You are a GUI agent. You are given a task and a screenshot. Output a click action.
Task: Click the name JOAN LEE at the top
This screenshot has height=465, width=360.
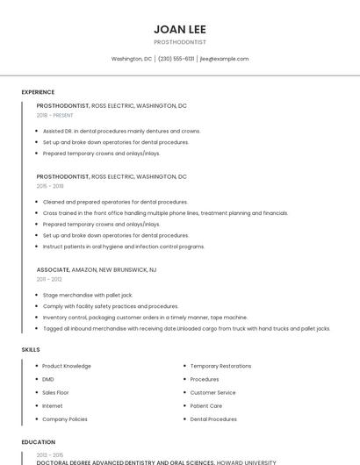(x=179, y=29)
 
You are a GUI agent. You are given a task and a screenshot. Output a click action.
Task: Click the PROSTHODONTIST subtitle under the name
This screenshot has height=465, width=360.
(x=179, y=42)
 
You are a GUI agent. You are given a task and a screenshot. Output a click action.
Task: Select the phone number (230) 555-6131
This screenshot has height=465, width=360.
(x=176, y=59)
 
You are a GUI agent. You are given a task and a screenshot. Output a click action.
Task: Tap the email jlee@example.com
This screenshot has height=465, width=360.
(x=224, y=59)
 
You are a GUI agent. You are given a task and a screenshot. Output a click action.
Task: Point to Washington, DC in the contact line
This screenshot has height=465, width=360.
(x=131, y=59)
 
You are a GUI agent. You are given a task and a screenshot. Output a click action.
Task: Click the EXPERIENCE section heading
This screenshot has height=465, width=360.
(x=38, y=92)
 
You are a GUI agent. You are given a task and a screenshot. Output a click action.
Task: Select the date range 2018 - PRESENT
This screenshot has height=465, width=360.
(x=54, y=115)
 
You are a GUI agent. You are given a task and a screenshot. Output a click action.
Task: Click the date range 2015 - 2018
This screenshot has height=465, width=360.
(x=50, y=186)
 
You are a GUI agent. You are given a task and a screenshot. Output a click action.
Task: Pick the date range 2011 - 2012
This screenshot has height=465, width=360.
(x=49, y=279)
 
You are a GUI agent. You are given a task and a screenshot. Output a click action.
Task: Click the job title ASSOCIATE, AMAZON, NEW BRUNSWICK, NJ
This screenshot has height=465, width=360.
(x=97, y=269)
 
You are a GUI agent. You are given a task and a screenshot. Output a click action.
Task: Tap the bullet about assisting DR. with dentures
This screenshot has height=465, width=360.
(x=121, y=131)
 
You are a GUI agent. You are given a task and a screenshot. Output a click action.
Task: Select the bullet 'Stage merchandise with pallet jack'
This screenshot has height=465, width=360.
(x=87, y=296)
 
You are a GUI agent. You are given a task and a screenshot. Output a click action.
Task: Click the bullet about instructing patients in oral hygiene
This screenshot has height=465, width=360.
(x=123, y=247)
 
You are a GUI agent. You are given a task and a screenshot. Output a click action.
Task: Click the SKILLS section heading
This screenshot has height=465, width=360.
(x=31, y=349)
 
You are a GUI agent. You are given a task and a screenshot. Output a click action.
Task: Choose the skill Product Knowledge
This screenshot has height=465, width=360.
(x=67, y=366)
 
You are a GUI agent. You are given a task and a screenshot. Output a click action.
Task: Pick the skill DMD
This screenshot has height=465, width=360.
(x=48, y=379)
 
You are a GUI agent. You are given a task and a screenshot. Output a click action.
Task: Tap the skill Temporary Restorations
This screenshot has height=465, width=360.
(x=220, y=366)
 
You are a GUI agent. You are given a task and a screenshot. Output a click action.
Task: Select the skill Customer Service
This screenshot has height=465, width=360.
(x=212, y=392)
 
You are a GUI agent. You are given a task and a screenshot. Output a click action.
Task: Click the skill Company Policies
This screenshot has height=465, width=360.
(x=65, y=419)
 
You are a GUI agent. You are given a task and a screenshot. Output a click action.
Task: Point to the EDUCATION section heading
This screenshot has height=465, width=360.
(x=39, y=442)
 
